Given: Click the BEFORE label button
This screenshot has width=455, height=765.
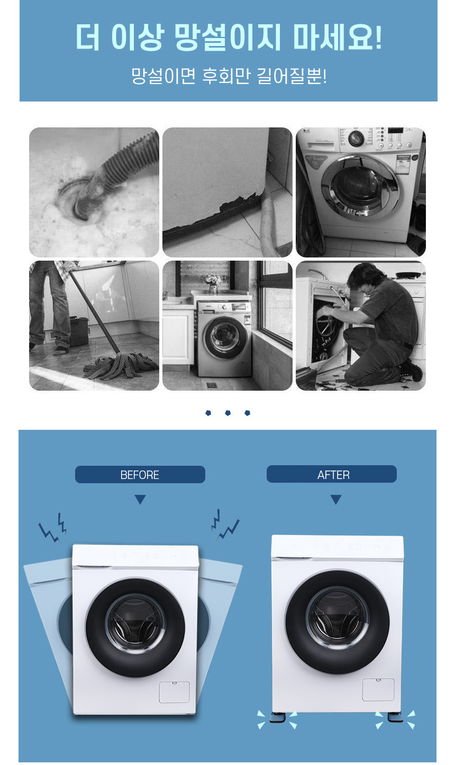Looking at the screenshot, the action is click(x=140, y=474).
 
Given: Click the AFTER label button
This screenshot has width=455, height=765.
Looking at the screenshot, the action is click(x=332, y=474).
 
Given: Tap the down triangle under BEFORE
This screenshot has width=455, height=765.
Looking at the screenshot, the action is click(x=140, y=499).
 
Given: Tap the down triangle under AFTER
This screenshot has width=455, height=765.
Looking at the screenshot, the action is click(x=336, y=499).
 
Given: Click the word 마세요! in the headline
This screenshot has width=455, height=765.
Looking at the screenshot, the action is click(x=337, y=37).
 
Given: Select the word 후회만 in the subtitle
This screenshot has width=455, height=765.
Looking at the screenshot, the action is click(x=226, y=76).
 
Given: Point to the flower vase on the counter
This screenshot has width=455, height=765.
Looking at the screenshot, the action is click(x=213, y=284).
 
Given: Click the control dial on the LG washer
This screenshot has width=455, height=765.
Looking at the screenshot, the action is click(x=356, y=139).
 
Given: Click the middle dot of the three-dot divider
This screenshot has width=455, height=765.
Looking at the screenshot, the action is click(x=228, y=413).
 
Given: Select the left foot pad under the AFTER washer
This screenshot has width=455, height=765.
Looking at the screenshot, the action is click(x=277, y=717).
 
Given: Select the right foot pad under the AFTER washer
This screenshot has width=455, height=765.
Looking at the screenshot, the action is click(x=395, y=717).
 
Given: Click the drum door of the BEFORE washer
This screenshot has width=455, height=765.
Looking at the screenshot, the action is click(x=135, y=628).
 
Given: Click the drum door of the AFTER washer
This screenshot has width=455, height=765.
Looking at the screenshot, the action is click(x=338, y=622).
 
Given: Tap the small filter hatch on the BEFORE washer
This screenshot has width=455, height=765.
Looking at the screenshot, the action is click(x=175, y=692).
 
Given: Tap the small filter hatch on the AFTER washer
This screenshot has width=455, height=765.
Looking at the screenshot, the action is click(x=378, y=689).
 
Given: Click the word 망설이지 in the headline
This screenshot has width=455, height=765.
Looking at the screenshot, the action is click(x=228, y=37).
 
